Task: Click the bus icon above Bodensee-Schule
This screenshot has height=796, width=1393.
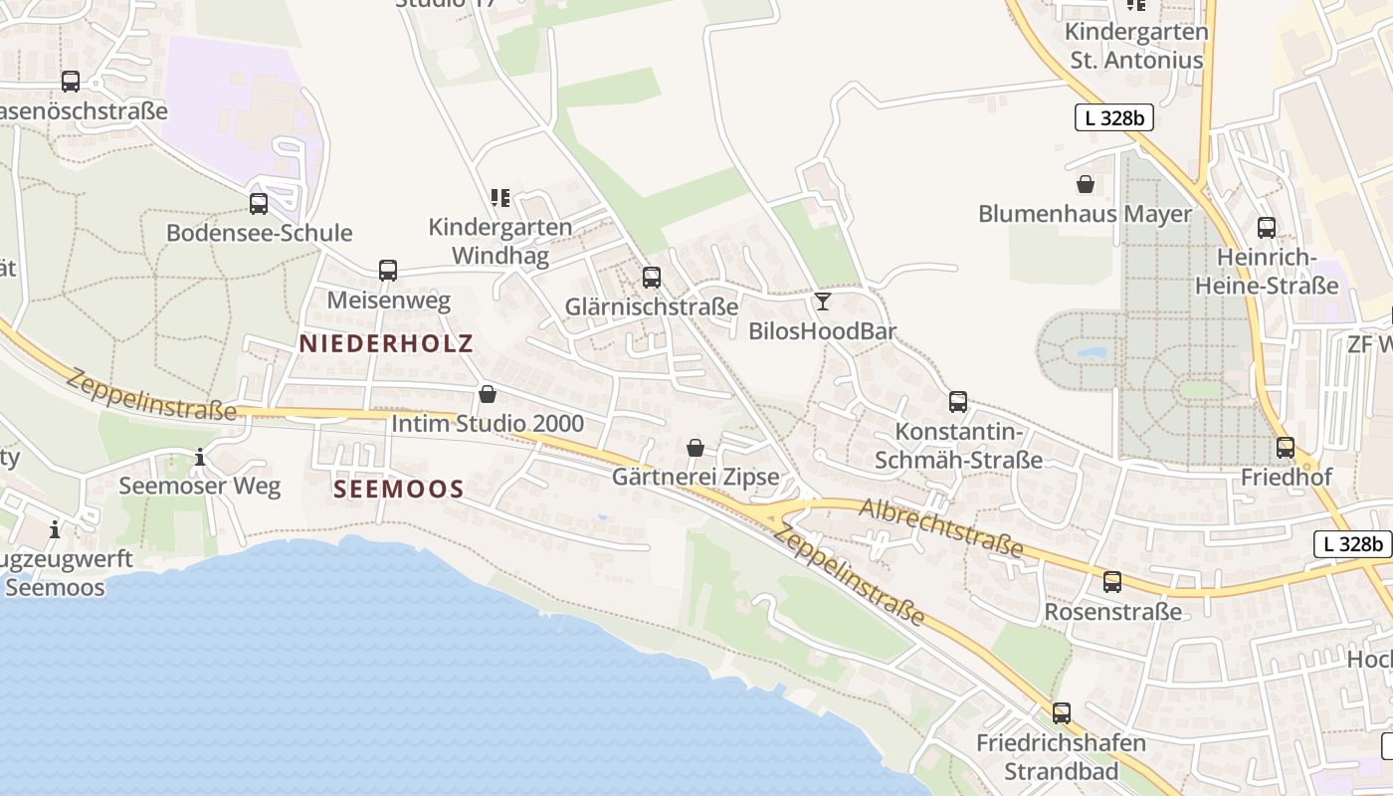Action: pos(259,204)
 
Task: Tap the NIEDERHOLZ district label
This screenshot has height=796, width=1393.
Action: pos(386,343)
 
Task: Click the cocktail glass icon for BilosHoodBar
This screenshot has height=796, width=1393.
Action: pos(822,301)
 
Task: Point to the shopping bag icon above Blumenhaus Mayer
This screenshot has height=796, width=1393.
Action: pos(1086,184)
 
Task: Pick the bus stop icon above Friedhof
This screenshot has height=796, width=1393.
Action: pos(1286,448)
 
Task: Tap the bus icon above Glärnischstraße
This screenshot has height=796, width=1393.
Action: pos(652,278)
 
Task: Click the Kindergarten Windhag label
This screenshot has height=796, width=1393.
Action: pos(500,242)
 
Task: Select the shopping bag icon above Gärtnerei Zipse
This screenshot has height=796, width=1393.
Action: pos(696,448)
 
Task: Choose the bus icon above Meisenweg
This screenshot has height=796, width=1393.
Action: pos(388,270)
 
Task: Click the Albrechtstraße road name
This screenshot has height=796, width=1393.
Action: pos(941,528)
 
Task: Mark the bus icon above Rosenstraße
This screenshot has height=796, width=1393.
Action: pos(1112,582)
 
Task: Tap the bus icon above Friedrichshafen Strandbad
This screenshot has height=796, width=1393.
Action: pos(1062,713)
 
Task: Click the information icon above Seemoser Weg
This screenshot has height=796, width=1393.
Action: pos(200,458)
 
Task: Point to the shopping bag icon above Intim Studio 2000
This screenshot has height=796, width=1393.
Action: pos(488,394)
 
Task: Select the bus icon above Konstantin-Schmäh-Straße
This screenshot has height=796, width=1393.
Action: pos(958,402)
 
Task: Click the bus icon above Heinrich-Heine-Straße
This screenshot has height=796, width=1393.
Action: pos(1267,228)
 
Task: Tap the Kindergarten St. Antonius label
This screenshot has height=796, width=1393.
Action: pos(1136,46)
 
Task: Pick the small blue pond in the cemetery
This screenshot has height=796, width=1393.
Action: pos(1092,352)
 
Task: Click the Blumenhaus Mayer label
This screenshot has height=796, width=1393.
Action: pos(1085,214)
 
